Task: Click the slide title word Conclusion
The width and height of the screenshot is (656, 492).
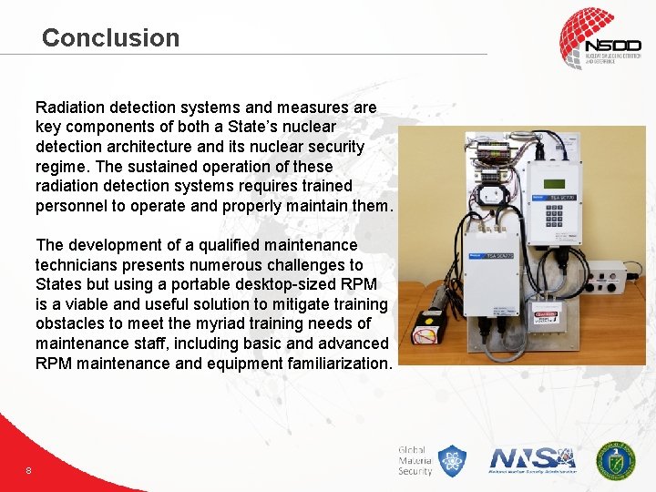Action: tap(110, 38)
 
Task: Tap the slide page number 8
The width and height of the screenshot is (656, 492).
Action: tap(29, 470)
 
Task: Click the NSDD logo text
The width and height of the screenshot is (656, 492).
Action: tap(612, 46)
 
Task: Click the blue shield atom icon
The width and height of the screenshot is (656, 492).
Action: tap(452, 461)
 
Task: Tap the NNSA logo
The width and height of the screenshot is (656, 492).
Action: tap(533, 459)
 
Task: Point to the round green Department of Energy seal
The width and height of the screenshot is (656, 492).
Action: tap(616, 460)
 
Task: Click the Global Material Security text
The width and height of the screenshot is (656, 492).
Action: tap(415, 461)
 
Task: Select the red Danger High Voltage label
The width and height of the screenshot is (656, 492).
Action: tap(545, 317)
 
